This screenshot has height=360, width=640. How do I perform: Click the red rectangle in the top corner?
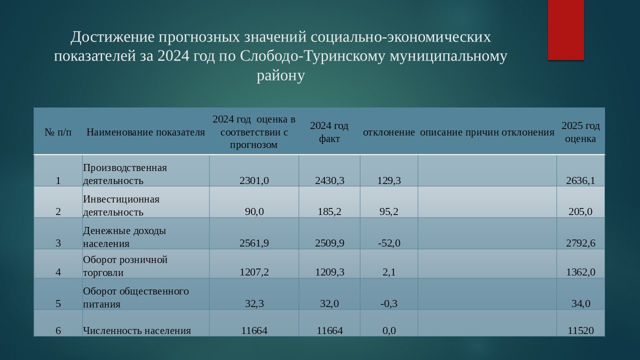(565, 29)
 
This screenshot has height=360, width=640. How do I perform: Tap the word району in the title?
(281, 75)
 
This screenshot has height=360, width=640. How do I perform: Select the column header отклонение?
(389, 132)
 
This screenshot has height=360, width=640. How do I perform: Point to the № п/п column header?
(58, 132)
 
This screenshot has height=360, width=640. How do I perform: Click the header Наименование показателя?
(145, 132)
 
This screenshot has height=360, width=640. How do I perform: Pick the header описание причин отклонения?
(487, 132)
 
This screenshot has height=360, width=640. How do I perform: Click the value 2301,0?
(254, 180)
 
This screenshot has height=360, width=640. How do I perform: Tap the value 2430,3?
(329, 180)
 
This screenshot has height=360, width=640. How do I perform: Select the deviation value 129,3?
(389, 180)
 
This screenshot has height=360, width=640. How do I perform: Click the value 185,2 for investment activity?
(329, 211)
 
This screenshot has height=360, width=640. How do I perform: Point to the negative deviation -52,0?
(389, 243)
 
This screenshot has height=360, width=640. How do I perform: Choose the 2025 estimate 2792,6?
(581, 243)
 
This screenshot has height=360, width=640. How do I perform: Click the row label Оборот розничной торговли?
(125, 266)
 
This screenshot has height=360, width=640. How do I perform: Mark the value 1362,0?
(581, 272)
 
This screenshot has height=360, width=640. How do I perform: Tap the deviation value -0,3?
(389, 303)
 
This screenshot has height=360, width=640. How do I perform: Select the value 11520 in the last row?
(581, 330)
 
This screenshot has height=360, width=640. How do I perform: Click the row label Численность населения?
(137, 330)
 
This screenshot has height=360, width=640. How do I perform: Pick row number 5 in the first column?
(58, 303)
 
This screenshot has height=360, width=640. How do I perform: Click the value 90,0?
(254, 211)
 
